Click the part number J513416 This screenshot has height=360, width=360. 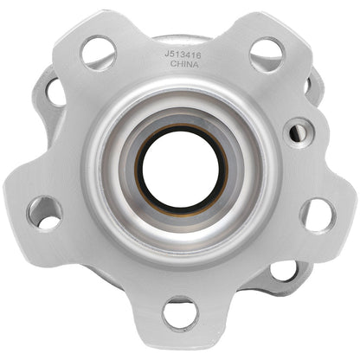coord(182,53)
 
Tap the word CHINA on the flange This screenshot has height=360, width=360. coord(182,63)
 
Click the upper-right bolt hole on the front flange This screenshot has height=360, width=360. coord(266,55)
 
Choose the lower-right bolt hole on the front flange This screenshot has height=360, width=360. coord(318,215)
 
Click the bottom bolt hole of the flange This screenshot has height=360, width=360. coord(181,312)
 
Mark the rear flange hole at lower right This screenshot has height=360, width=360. coord(283,272)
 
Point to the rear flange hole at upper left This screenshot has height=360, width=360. coord(54,89)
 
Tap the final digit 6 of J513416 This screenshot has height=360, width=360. coord(197,53)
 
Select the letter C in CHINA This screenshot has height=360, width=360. coord(171,63)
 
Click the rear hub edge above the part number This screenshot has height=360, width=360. coord(182,38)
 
